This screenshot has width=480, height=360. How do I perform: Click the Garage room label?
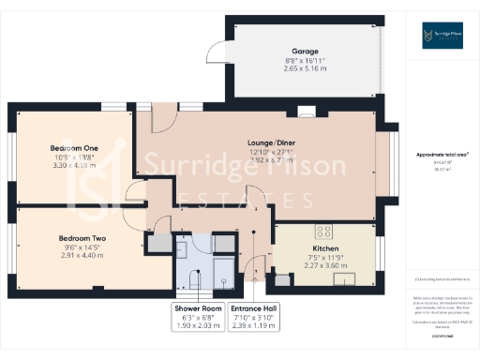click(304, 52)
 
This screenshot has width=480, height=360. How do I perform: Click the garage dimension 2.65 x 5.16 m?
click(304, 68)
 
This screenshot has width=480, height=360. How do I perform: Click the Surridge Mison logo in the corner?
click(440, 37)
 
